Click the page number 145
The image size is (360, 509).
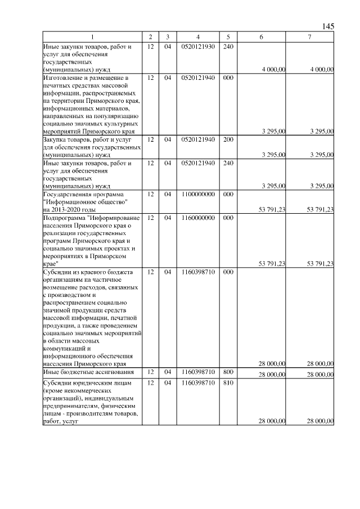point(328,26)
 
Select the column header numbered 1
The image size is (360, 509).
point(93,37)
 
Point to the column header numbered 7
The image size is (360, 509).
point(310,37)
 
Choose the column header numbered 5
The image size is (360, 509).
point(228,37)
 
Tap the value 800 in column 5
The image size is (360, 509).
point(228,372)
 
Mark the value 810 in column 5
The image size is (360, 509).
point(228,383)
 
